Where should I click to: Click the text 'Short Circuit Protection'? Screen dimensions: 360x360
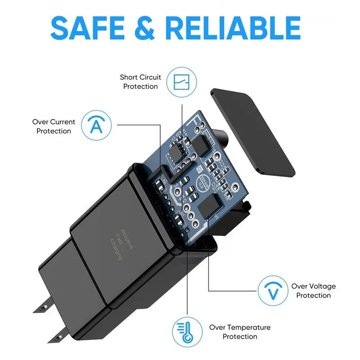pyautogui.click(x=140, y=82)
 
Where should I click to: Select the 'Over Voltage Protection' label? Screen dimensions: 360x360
pyautogui.click(x=313, y=291)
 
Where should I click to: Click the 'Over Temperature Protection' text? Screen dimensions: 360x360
pyautogui.click(x=240, y=332)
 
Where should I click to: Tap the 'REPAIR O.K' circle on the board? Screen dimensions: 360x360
pyautogui.click(x=204, y=182)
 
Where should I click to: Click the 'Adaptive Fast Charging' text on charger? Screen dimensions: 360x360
pyautogui.click(x=120, y=242)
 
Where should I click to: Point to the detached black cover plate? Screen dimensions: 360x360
pyautogui.click(x=252, y=133)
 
